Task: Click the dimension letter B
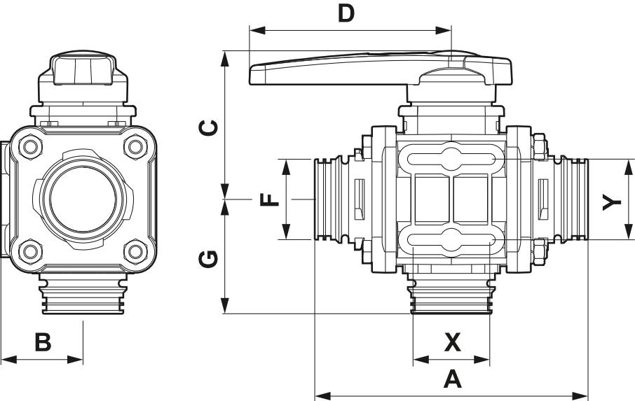pyautogui.click(x=43, y=342)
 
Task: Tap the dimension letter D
pyautogui.click(x=346, y=13)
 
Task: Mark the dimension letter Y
pyautogui.click(x=612, y=202)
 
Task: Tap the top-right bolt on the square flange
pyautogui.click(x=133, y=146)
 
